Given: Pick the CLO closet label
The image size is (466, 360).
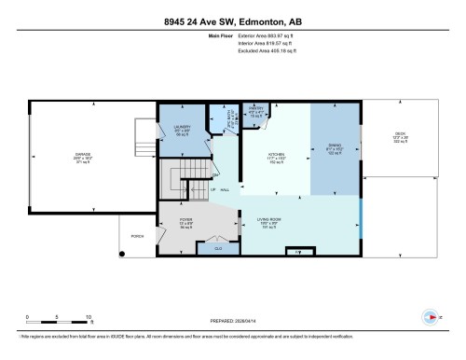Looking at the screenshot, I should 217,248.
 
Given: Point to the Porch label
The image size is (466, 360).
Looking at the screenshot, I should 137,236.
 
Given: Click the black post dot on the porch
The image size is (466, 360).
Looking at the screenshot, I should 120,253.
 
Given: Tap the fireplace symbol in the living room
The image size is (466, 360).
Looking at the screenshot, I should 298,252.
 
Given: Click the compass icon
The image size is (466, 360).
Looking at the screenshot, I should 430,316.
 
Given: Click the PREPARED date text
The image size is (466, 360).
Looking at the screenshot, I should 232,318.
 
